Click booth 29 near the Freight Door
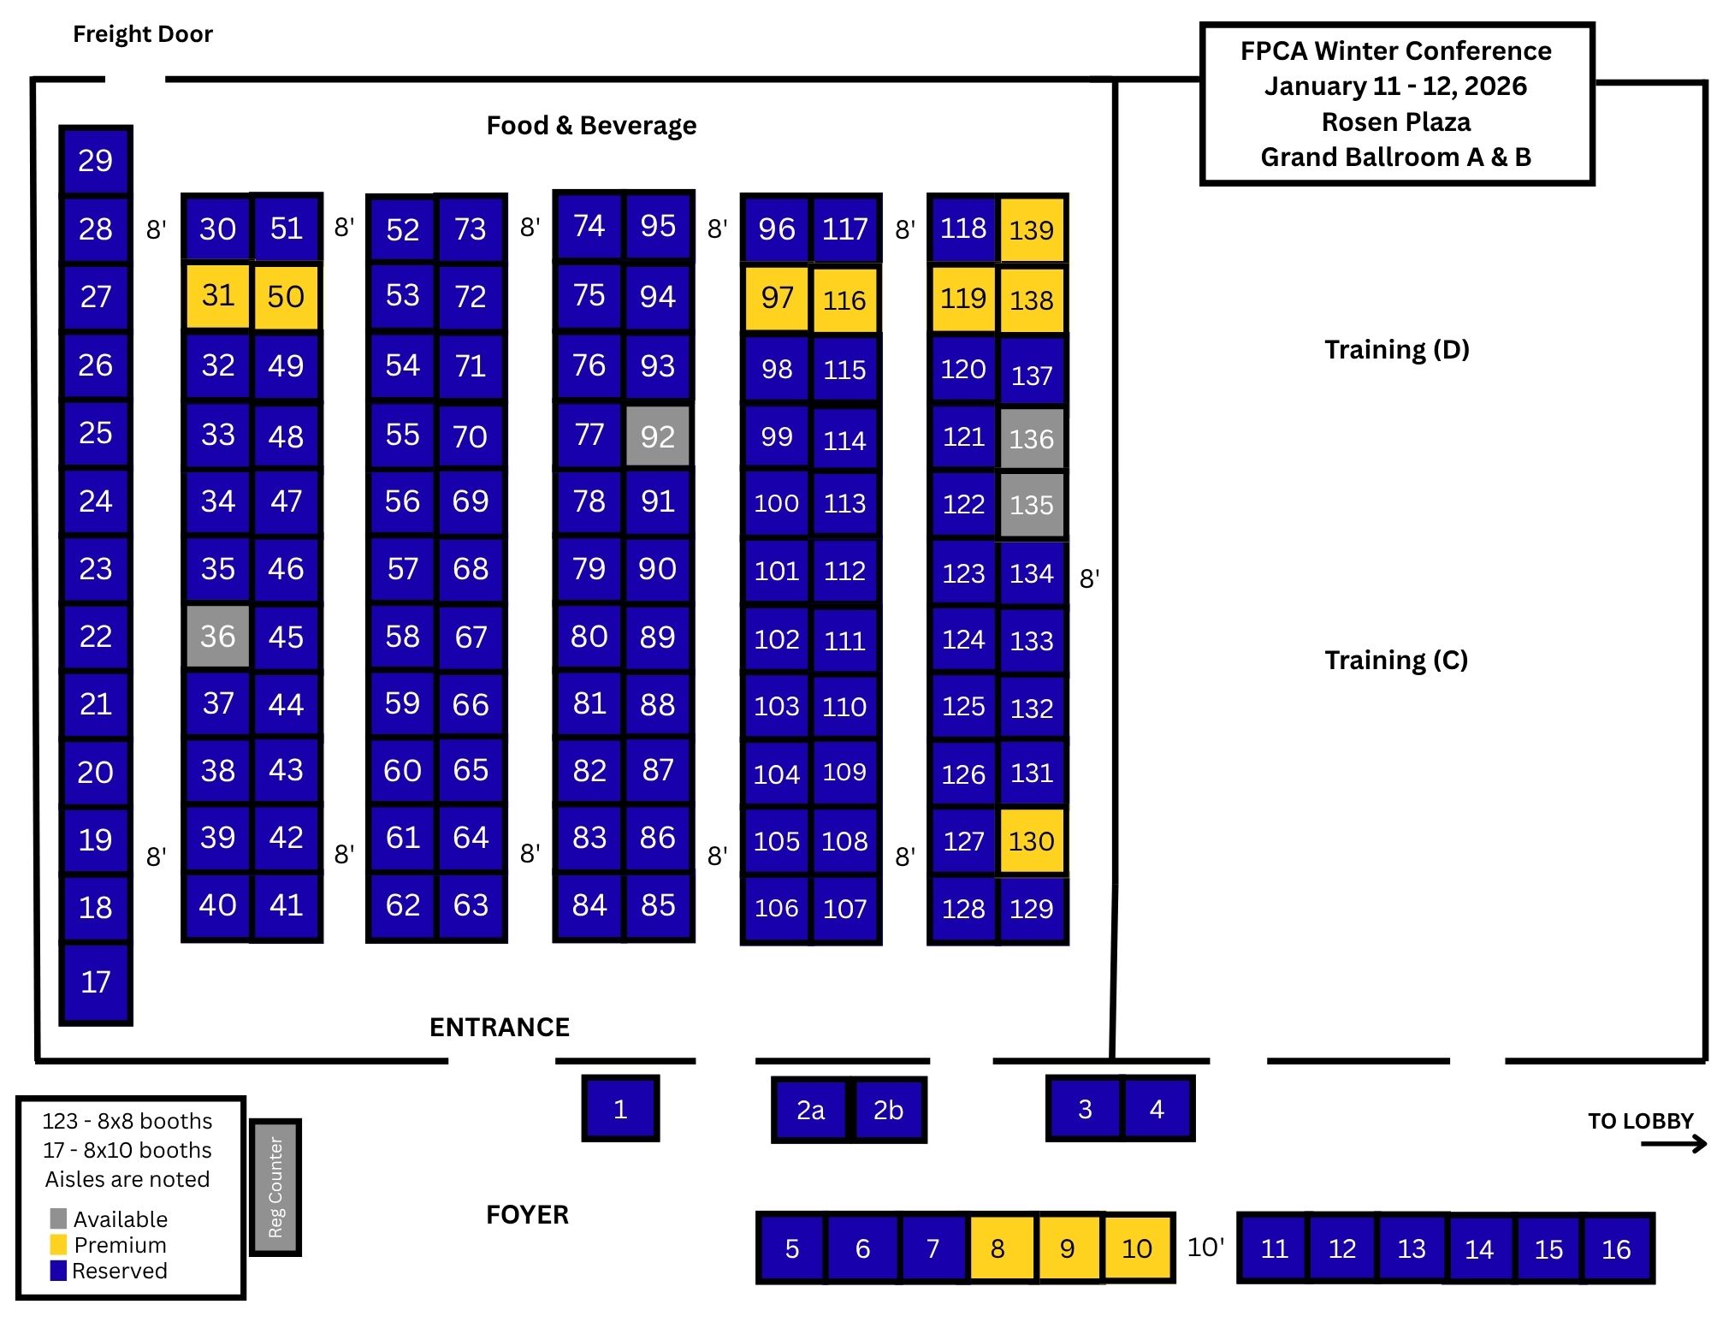[95, 161]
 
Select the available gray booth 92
[657, 436]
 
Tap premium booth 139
[1032, 229]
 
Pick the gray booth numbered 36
[218, 636]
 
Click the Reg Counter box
[275, 1187]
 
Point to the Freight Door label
[142, 34]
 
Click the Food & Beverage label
[591, 126]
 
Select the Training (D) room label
[1396, 349]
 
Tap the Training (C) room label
[1396, 660]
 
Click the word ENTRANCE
[500, 1027]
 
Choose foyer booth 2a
[810, 1110]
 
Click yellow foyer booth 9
[1067, 1248]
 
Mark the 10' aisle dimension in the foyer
[1205, 1247]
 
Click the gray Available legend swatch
[58, 1218]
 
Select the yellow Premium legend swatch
[58, 1244]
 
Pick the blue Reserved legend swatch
[58, 1270]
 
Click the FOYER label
[527, 1214]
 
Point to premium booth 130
[1032, 841]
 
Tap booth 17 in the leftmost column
[95, 981]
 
